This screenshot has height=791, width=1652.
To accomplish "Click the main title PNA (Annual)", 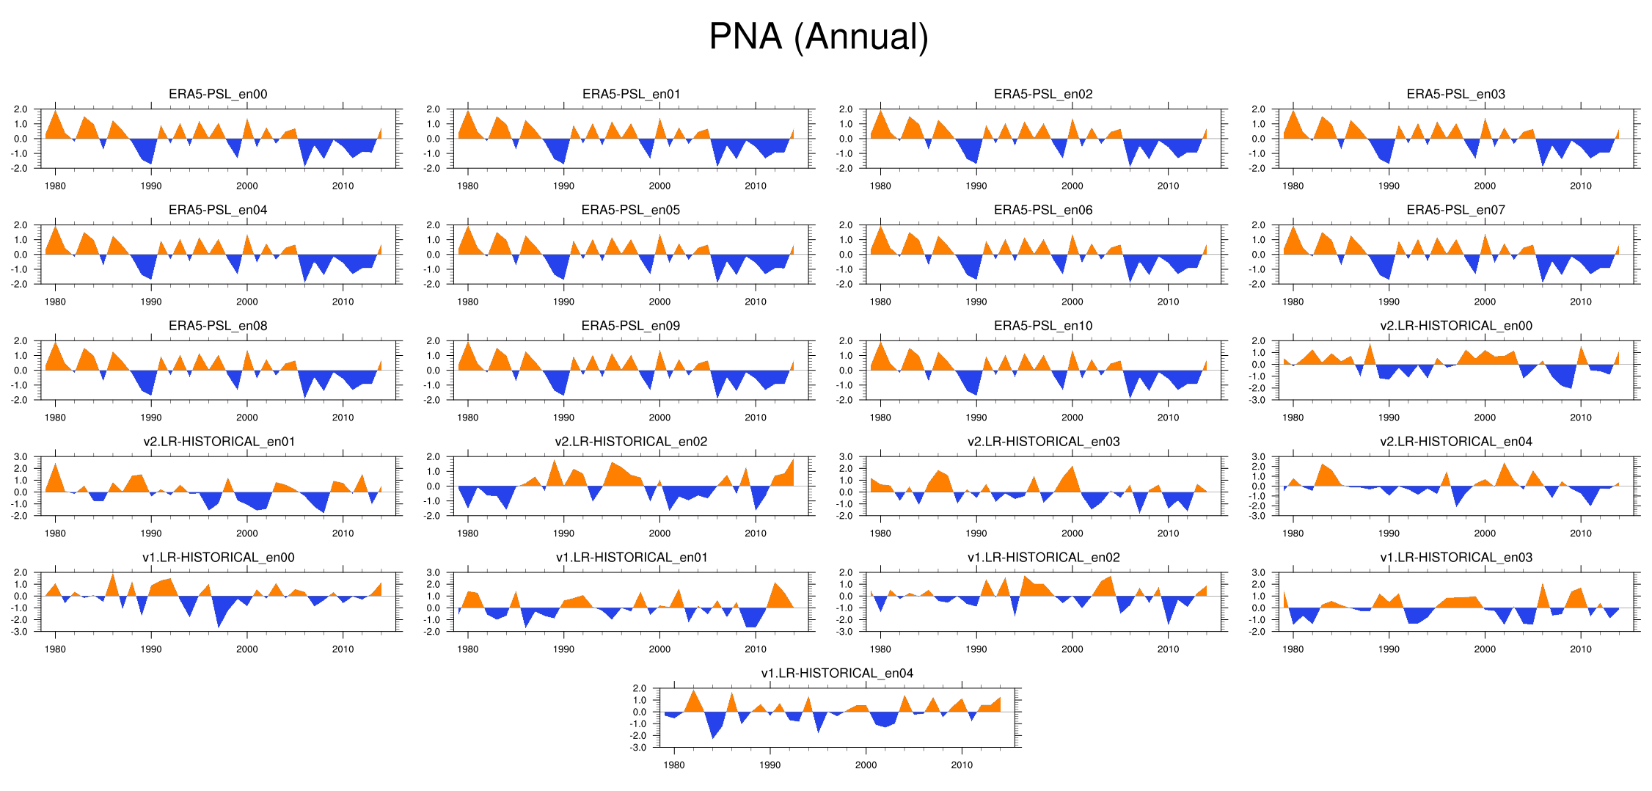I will click(819, 37).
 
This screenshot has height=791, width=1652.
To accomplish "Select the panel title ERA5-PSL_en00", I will click(218, 94).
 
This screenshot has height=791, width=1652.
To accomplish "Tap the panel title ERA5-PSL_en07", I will click(1455, 210).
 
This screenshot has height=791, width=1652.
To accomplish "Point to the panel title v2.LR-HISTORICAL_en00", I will click(1455, 326).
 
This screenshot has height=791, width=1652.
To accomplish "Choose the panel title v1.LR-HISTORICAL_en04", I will click(837, 673).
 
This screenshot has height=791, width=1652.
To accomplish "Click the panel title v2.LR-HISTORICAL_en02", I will click(631, 442).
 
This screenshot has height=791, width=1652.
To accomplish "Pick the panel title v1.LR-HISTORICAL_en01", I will click(631, 558).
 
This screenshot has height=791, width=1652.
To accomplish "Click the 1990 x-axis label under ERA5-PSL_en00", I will click(151, 186).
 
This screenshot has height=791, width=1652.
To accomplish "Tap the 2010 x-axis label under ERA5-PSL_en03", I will click(1581, 186).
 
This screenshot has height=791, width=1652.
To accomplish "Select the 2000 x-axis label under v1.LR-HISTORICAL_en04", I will click(866, 765).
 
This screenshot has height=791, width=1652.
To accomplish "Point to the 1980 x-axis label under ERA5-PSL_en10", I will click(880, 418).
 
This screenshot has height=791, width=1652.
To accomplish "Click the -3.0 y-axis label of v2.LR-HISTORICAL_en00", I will click(1258, 400).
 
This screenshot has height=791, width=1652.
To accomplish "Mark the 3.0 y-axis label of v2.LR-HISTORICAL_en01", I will click(21, 457).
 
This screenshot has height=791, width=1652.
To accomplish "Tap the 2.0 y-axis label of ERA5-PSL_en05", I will click(433, 225).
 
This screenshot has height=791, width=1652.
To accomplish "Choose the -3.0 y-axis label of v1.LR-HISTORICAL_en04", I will click(639, 748).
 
